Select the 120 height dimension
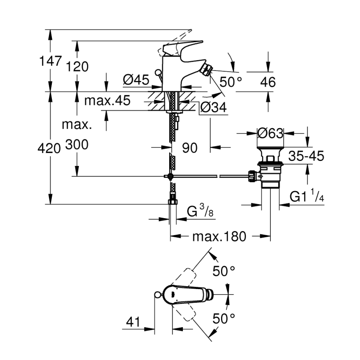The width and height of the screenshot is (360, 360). [77, 66]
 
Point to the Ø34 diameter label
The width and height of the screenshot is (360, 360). [213, 108]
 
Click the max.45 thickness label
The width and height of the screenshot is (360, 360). [107, 100]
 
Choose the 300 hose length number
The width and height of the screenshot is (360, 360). [77, 145]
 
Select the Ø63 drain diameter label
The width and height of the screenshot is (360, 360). [270, 133]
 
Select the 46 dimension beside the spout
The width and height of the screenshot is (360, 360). [268, 82]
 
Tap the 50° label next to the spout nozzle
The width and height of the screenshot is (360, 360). [231, 82]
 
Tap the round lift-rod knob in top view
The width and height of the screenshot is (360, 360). [157, 295]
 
